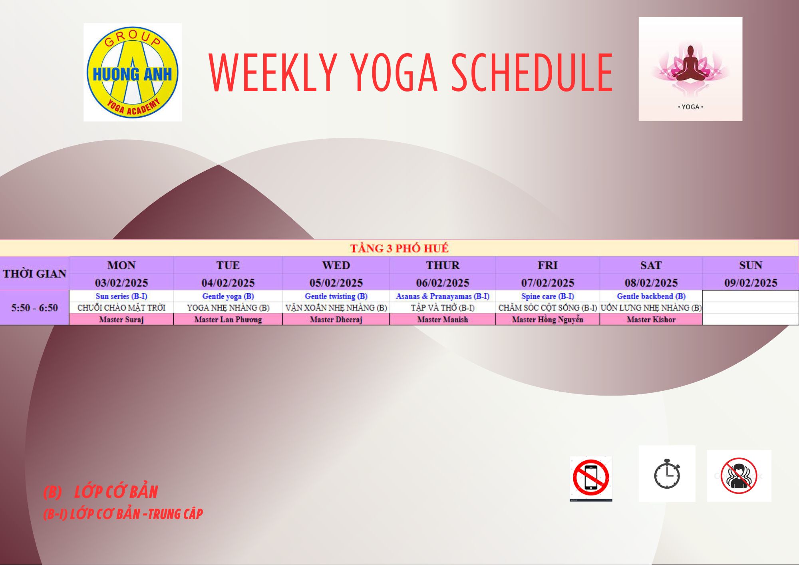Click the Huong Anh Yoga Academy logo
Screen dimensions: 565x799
pyautogui.click(x=132, y=72)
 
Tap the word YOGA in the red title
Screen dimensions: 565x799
pyautogui.click(x=394, y=73)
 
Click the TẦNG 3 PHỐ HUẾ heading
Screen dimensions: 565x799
pyautogui.click(x=399, y=248)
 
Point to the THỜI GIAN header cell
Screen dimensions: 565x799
pyautogui.click(x=35, y=274)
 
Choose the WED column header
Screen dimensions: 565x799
pyautogui.click(x=336, y=265)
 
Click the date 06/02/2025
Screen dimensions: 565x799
pyautogui.click(x=443, y=283)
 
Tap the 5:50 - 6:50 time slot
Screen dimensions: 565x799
pyautogui.click(x=35, y=308)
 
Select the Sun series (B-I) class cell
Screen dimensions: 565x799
pyautogui.click(x=121, y=296)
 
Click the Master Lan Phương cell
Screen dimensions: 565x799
pyautogui.click(x=228, y=319)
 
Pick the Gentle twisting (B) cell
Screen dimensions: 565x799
pyautogui.click(x=336, y=296)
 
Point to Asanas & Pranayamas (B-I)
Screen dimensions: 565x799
pyautogui.click(x=443, y=296)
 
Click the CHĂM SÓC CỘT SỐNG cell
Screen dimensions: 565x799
pyautogui.click(x=547, y=308)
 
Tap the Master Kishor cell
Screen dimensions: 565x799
pyautogui.click(x=651, y=319)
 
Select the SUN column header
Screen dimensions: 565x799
pyautogui.click(x=751, y=265)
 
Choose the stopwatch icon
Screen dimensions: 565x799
pyautogui.click(x=667, y=474)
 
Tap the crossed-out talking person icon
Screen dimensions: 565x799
pyautogui.click(x=739, y=475)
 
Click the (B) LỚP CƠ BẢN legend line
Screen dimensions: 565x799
pyautogui.click(x=101, y=492)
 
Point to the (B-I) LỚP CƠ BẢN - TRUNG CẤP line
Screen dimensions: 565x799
pyautogui.click(x=123, y=514)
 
